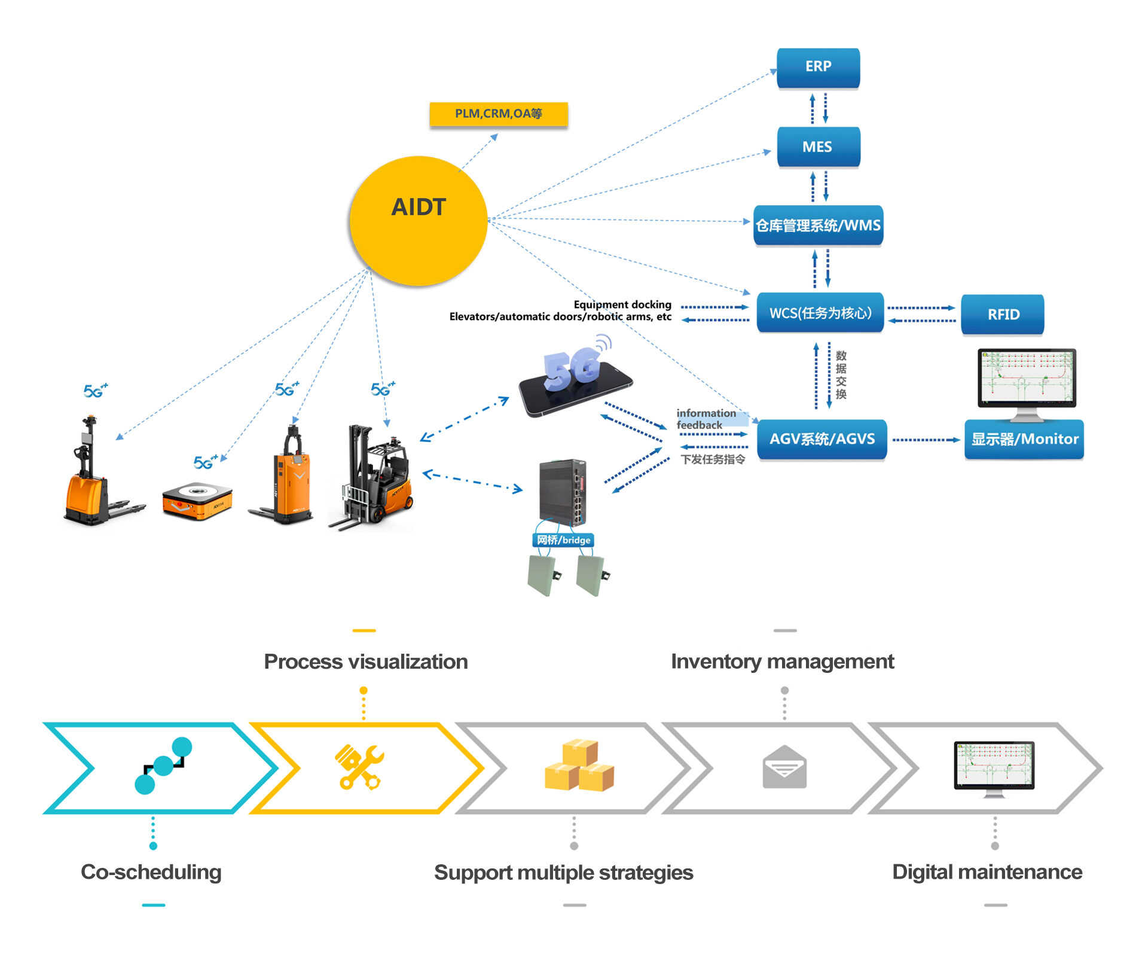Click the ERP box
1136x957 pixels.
[x=818, y=68]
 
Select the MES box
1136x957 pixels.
[x=818, y=147]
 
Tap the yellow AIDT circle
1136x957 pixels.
[x=419, y=220]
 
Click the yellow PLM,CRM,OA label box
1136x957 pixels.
[x=498, y=114]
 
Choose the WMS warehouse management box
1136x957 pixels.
[x=818, y=225]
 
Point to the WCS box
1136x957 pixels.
[x=820, y=313]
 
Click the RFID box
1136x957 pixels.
[x=1003, y=315]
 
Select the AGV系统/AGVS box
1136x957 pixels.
[x=822, y=440]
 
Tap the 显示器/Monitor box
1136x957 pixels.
[x=1024, y=440]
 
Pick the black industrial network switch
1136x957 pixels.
[x=562, y=492]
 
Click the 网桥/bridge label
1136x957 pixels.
[x=563, y=540]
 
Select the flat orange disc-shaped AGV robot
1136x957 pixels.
[x=197, y=501]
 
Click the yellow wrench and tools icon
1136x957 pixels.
[x=359, y=767]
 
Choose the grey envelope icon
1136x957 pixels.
[x=784, y=767]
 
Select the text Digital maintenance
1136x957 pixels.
[x=987, y=872]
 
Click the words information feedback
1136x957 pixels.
[x=706, y=419]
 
